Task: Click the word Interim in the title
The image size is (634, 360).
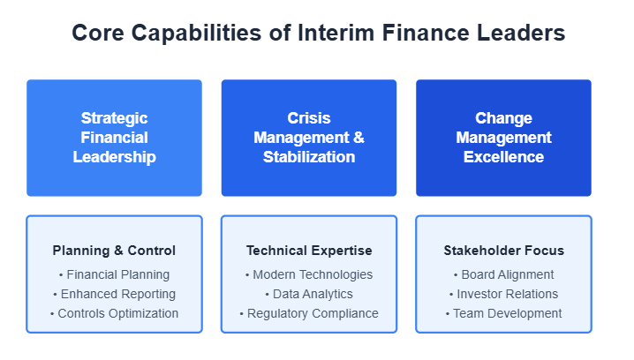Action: tap(336, 33)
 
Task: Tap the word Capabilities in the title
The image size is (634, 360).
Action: tap(197, 34)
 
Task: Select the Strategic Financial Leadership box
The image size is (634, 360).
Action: tap(115, 138)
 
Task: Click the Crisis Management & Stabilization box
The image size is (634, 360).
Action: tap(309, 138)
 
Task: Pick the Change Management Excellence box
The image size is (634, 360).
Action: tap(504, 138)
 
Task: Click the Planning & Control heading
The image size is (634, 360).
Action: tap(114, 251)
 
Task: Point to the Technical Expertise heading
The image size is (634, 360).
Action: tap(309, 251)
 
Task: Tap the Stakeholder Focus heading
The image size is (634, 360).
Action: tap(504, 251)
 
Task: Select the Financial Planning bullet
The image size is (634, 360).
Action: tap(115, 274)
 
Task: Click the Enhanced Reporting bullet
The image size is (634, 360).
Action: tap(115, 294)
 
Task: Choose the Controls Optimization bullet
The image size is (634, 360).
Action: tap(115, 313)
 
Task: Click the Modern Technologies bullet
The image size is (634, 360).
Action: tap(309, 274)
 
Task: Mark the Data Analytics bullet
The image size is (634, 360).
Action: tap(309, 294)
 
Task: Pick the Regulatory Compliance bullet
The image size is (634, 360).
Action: tap(309, 313)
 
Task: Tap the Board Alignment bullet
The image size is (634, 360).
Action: tap(504, 274)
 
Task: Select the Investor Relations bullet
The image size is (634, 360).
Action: tap(504, 294)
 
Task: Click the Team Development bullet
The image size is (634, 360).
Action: tap(504, 313)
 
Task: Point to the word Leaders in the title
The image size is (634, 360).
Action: tap(521, 33)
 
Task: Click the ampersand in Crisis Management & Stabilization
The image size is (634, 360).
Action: tap(359, 138)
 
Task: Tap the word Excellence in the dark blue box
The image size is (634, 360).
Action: tap(504, 157)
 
